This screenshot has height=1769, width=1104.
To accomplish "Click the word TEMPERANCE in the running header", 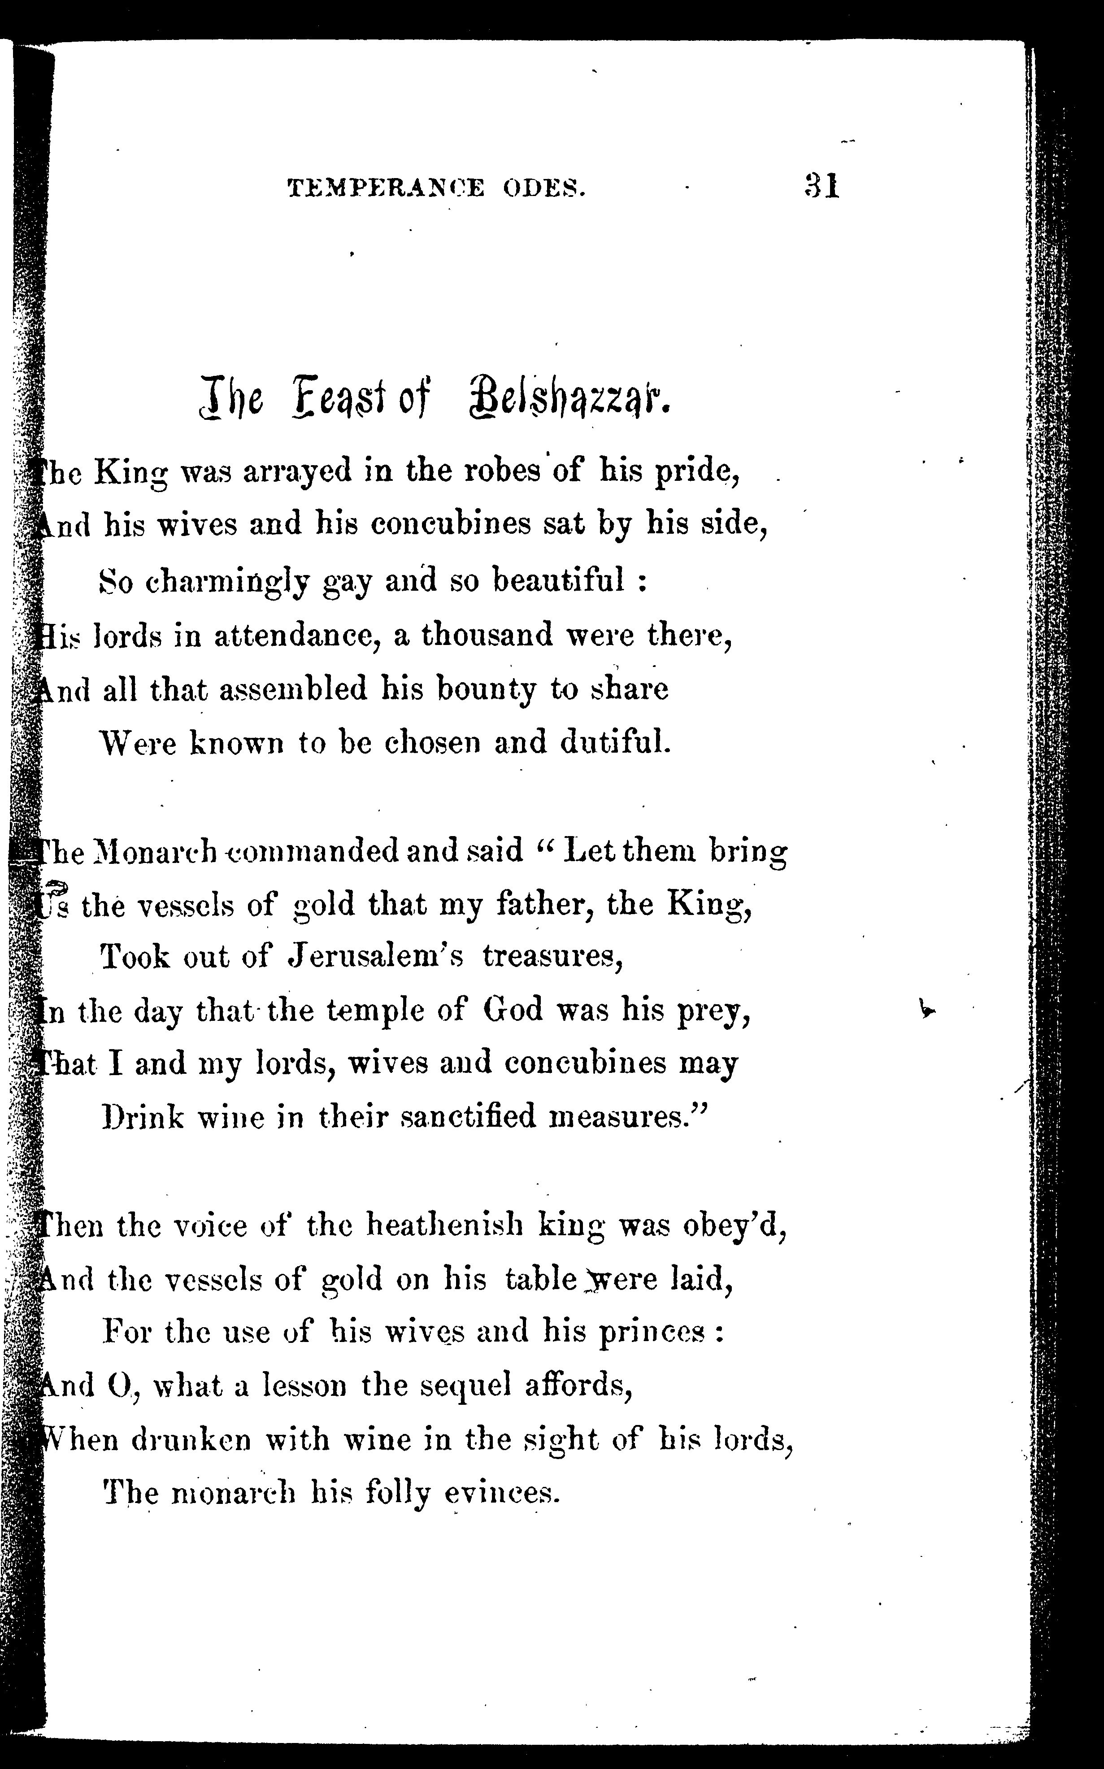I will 386,189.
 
